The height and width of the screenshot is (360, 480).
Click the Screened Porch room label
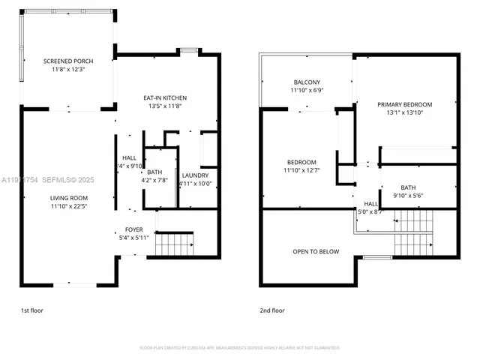(x=68, y=61)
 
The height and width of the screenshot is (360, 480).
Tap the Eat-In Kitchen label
(x=165, y=98)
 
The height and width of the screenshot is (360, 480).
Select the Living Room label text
(x=69, y=198)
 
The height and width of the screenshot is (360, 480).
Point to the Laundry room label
(x=195, y=175)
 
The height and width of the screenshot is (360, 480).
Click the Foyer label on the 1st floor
(x=134, y=230)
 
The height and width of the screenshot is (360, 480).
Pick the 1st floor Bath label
(x=159, y=172)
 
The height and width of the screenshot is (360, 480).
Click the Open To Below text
(x=316, y=252)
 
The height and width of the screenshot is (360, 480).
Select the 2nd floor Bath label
(x=408, y=187)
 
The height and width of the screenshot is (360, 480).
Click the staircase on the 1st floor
(x=174, y=244)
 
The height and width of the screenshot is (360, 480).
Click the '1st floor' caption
(x=33, y=310)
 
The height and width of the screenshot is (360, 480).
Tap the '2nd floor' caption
(x=272, y=310)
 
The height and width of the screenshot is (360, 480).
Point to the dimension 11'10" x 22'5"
(x=69, y=206)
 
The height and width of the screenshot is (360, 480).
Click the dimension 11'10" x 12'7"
(x=301, y=170)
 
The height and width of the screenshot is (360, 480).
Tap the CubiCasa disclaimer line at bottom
(x=239, y=348)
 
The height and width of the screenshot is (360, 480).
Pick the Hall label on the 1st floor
(x=129, y=157)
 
